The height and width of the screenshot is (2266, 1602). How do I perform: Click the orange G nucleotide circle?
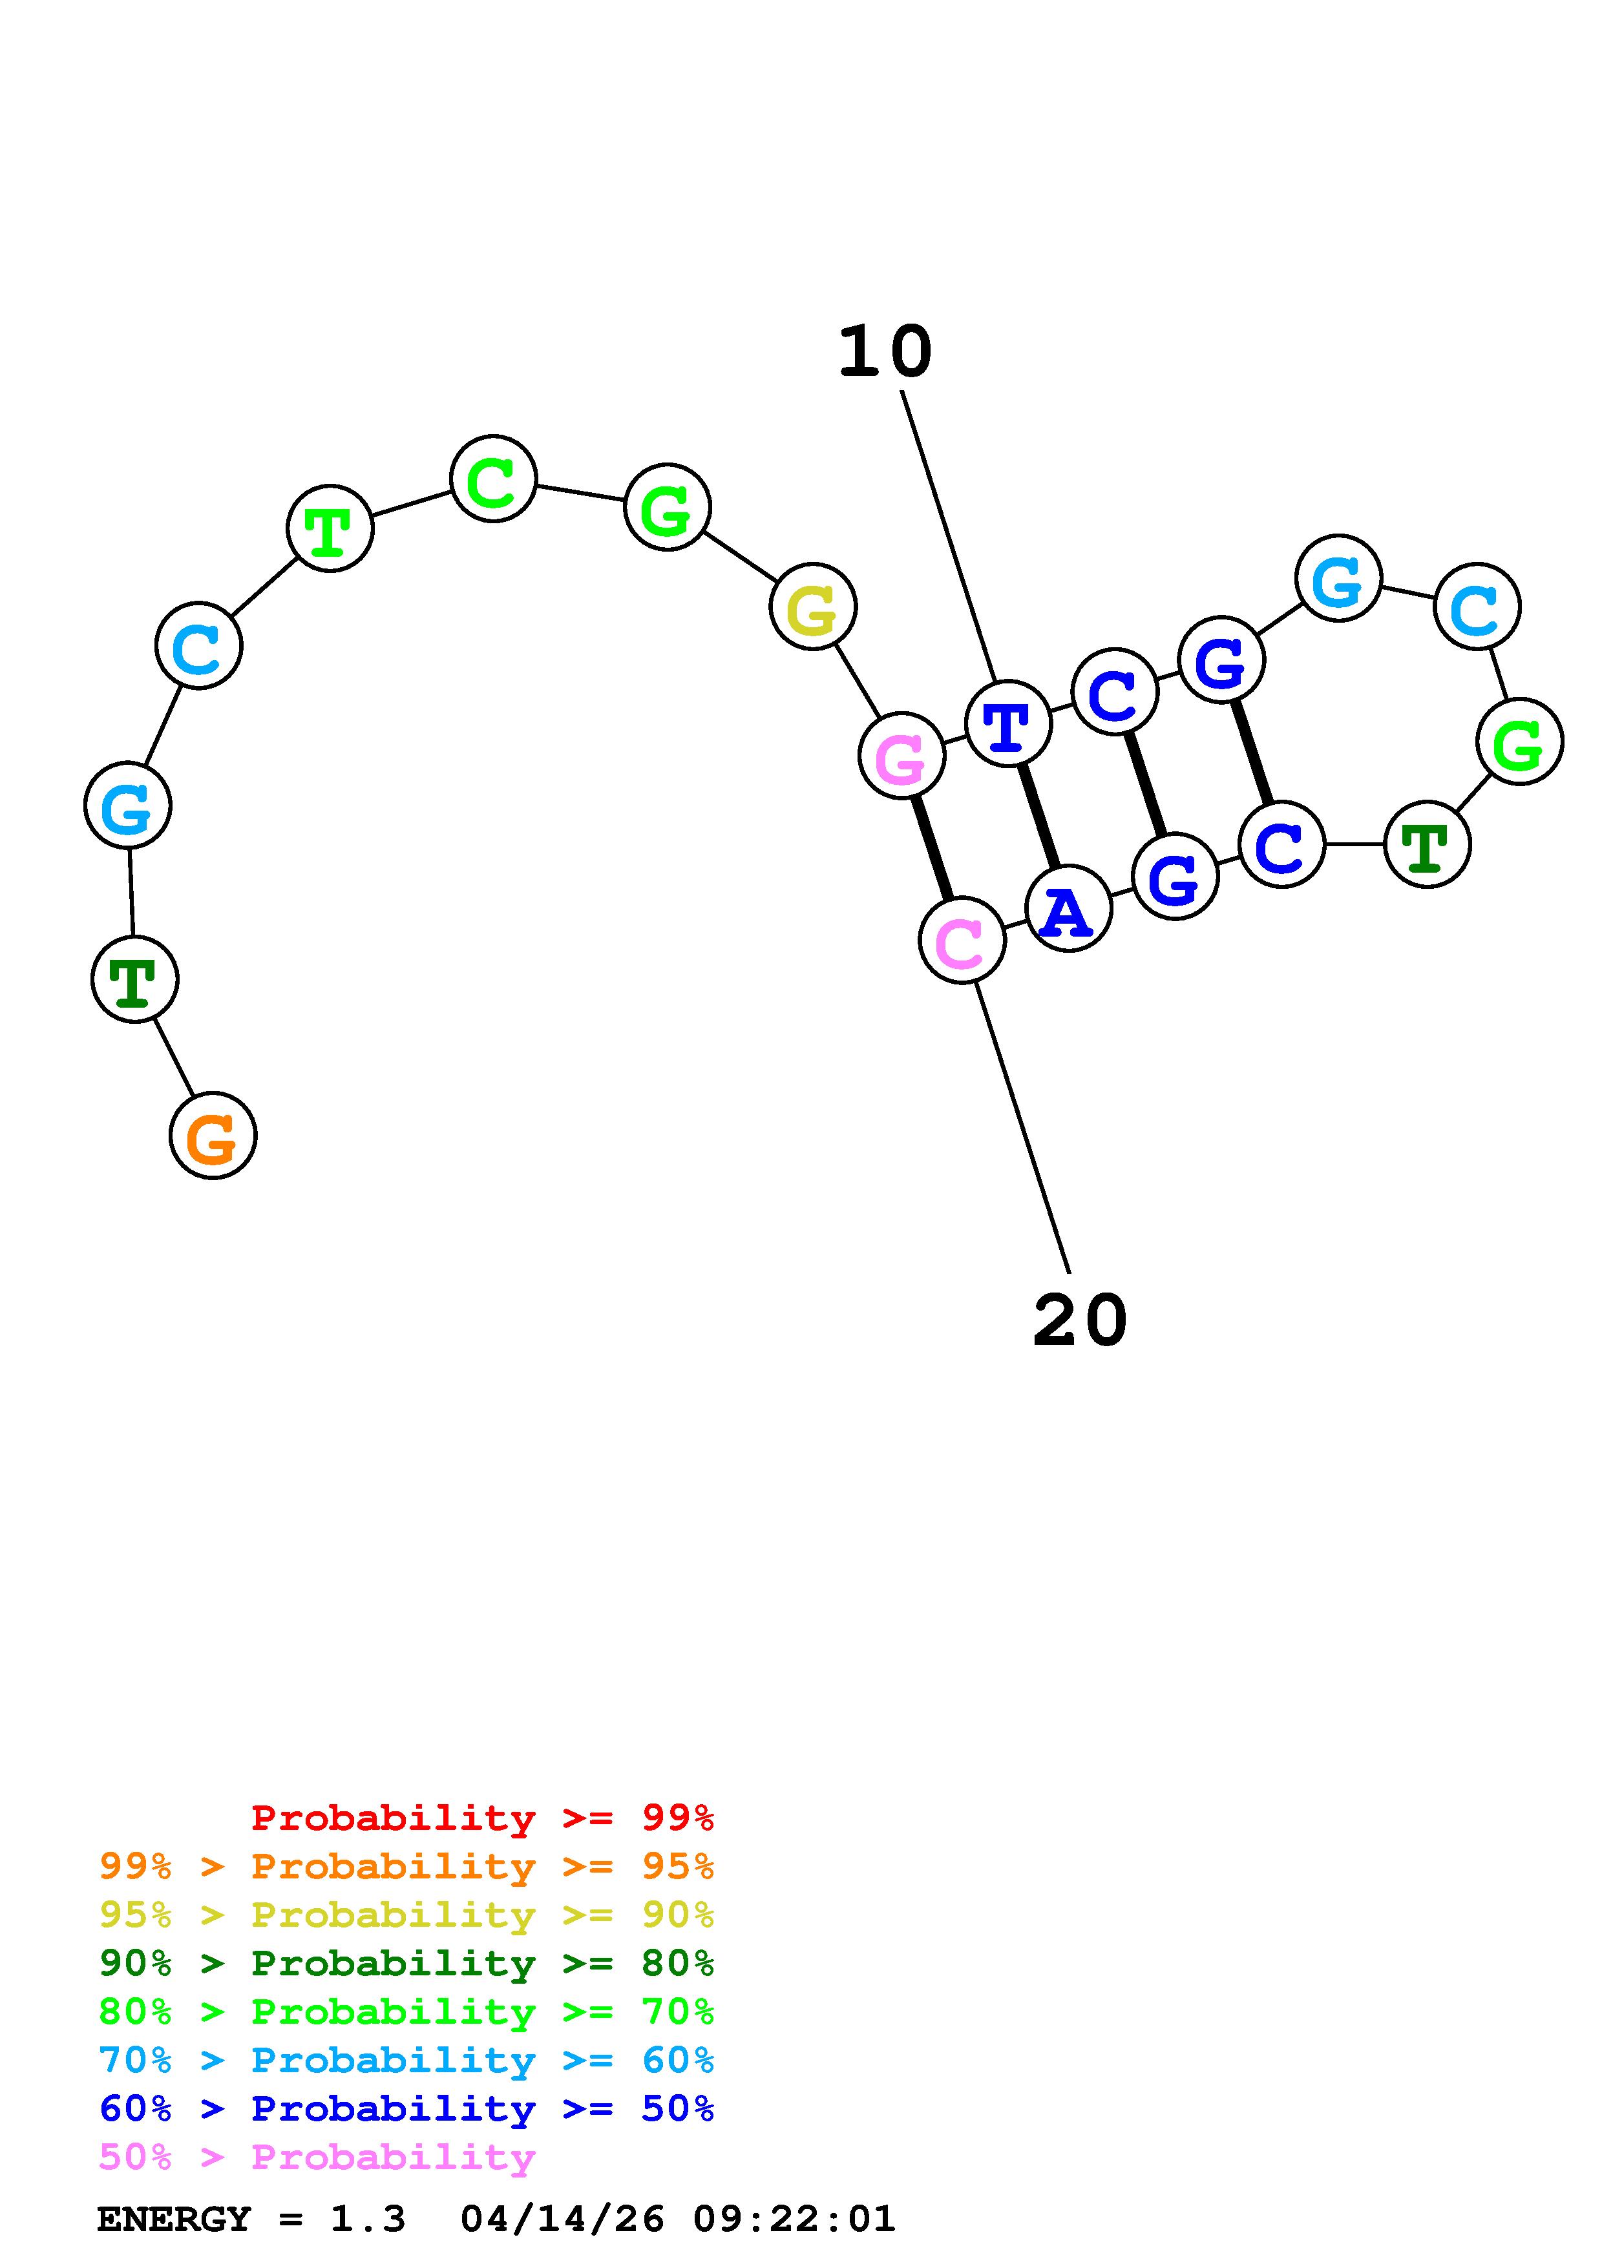(212, 1136)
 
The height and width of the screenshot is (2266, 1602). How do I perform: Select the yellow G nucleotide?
(812, 607)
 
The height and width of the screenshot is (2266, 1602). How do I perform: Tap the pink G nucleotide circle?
(901, 756)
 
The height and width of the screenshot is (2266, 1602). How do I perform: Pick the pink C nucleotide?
(962, 941)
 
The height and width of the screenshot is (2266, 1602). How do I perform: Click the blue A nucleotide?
(1068, 909)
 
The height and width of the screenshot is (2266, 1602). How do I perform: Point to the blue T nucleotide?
(1007, 724)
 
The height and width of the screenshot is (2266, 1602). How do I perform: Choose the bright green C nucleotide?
(492, 480)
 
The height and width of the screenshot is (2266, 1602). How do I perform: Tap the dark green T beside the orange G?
(134, 979)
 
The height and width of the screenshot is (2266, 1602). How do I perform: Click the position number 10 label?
(885, 352)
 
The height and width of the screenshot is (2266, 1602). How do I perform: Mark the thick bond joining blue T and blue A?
(1038, 816)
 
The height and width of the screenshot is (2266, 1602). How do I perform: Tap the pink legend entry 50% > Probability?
(317, 2157)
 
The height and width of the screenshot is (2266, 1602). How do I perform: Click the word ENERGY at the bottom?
(174, 2219)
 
